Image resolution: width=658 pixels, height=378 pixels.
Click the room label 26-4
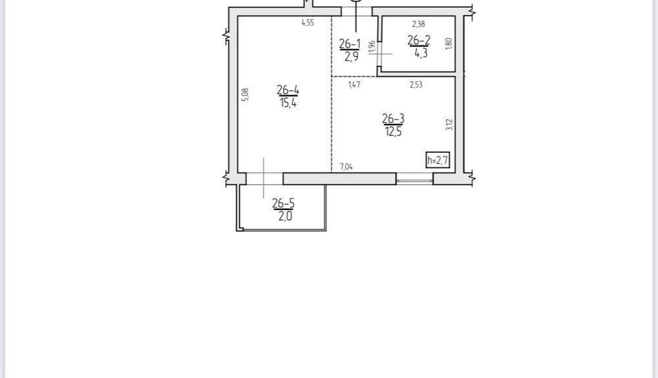[288, 90]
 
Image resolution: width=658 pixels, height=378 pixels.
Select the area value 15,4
[288, 103]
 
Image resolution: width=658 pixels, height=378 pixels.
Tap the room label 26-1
[349, 43]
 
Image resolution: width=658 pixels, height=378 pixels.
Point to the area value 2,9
[351, 56]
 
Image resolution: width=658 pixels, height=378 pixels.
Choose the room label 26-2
[418, 40]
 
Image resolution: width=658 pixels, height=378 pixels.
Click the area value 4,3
[420, 53]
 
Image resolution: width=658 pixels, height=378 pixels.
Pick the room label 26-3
[393, 119]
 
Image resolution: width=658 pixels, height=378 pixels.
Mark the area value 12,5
[393, 132]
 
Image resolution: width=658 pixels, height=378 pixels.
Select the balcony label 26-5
[283, 203]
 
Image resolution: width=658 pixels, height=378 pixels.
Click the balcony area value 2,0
[285, 216]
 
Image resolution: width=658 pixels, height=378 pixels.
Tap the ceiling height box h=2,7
[438, 160]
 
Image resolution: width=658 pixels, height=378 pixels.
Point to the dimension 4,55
[307, 23]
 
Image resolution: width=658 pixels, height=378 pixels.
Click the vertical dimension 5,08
[245, 95]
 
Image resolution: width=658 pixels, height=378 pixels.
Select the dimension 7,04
[346, 167]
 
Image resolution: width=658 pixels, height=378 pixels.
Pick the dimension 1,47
[354, 84]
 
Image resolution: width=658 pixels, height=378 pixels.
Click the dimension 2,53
[416, 84]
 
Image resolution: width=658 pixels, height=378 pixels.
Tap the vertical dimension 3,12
[449, 124]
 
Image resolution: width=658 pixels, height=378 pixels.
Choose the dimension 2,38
[418, 24]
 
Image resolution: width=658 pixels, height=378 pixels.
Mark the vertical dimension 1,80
[449, 43]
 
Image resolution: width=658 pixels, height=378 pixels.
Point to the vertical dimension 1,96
[371, 47]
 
